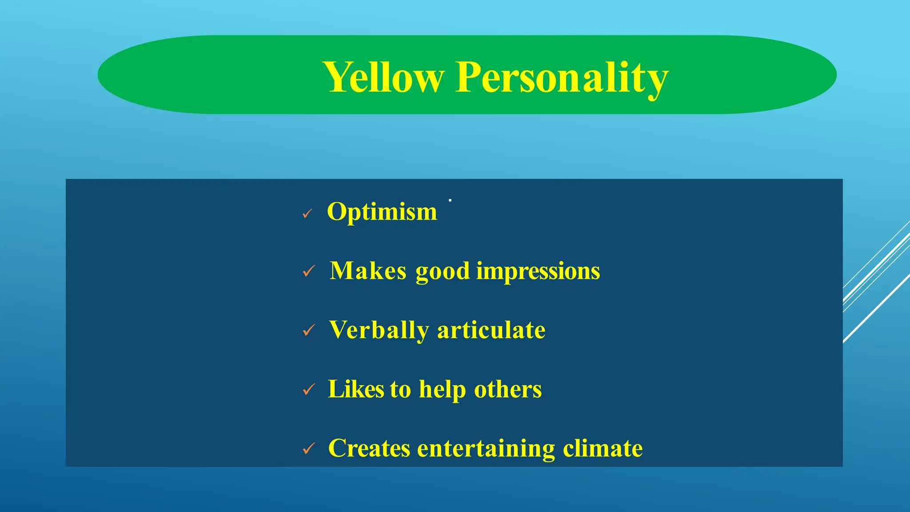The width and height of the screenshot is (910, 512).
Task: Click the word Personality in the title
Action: (x=562, y=78)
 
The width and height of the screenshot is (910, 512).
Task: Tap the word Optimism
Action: (x=382, y=212)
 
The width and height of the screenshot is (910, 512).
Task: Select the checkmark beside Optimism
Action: (x=307, y=214)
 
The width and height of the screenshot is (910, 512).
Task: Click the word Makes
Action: (x=368, y=271)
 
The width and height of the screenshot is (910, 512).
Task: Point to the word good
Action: (x=442, y=272)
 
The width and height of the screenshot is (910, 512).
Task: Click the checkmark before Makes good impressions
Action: (x=309, y=271)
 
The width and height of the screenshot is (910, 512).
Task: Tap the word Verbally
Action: (x=379, y=331)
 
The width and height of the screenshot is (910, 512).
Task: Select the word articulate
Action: (x=491, y=330)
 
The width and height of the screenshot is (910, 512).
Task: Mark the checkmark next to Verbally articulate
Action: (x=309, y=331)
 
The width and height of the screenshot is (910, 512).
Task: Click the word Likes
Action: (x=355, y=389)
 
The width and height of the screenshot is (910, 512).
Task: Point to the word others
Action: (x=508, y=389)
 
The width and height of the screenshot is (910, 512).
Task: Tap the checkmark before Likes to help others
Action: (x=309, y=390)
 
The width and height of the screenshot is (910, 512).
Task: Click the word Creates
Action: (x=369, y=448)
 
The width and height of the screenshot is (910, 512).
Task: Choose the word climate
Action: (x=603, y=448)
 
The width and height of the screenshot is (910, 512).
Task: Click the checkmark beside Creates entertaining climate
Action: (x=309, y=449)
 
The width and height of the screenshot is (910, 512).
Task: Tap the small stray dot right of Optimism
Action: (x=450, y=201)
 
